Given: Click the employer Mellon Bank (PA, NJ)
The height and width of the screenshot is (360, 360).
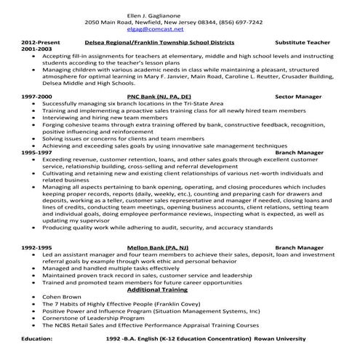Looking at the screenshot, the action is tap(157, 248).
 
